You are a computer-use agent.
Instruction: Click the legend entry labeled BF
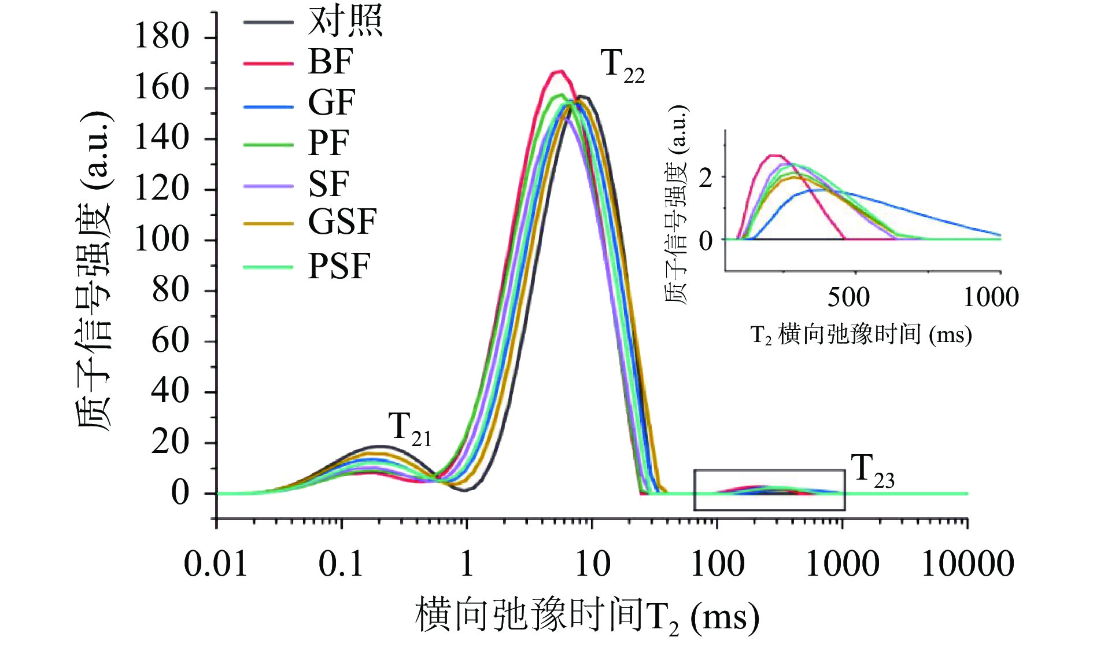pyautogui.click(x=330, y=61)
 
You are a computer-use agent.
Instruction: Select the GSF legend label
pyautogui.click(x=342, y=222)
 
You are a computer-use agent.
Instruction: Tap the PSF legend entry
pyautogui.click(x=339, y=267)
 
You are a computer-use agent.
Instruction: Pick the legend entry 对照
pyautogui.click(x=345, y=21)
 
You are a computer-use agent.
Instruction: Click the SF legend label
pyautogui.click(x=328, y=184)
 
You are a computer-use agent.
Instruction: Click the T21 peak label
pyautogui.click(x=409, y=430)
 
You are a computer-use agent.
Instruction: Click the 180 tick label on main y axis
pyautogui.click(x=162, y=36)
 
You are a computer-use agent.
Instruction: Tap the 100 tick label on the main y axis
pyautogui.click(x=162, y=240)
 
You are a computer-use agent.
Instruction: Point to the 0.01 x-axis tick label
pyautogui.click(x=216, y=564)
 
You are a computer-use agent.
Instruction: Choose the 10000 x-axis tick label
pyautogui.click(x=968, y=564)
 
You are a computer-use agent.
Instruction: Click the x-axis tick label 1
pyautogui.click(x=467, y=564)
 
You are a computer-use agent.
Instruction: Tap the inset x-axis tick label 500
pyautogui.click(x=848, y=297)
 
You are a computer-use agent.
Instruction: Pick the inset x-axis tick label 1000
pyautogui.click(x=991, y=297)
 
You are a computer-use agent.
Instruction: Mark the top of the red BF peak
pyautogui.click(x=558, y=71)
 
